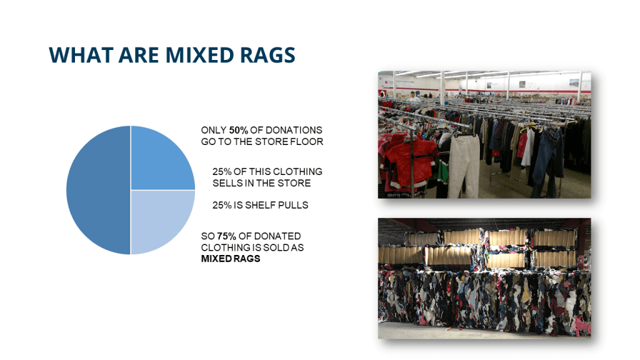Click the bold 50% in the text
coord(239,130)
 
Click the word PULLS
coord(293,205)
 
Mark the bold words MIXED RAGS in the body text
coord(231,259)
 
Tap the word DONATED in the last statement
coord(279,236)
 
